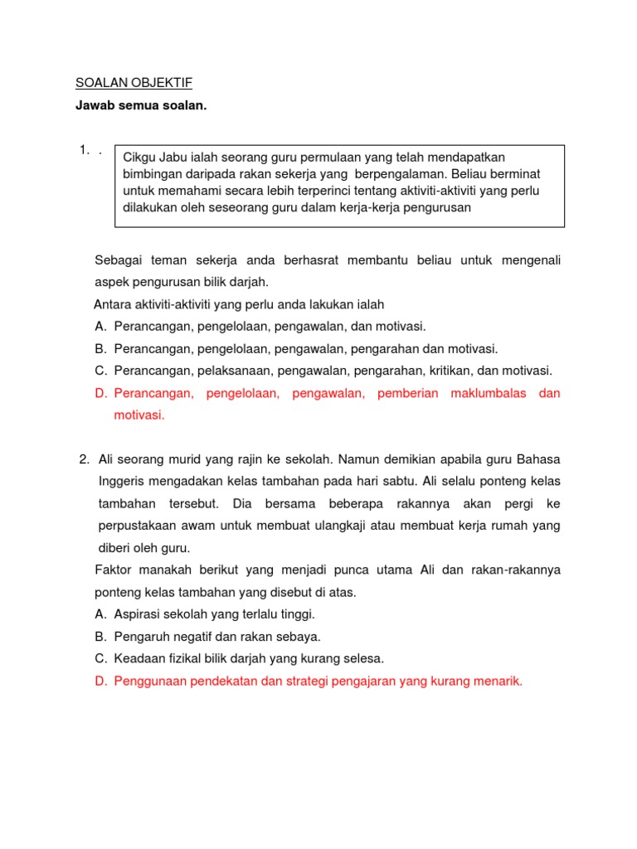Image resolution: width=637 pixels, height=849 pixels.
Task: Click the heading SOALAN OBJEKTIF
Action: [x=134, y=83]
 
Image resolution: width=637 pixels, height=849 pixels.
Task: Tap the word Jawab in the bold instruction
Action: [x=95, y=106]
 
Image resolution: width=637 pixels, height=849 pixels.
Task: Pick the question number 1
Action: [x=84, y=150]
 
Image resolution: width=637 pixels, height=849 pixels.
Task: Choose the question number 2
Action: [x=84, y=458]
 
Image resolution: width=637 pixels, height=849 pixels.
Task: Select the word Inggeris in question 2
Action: [x=123, y=481]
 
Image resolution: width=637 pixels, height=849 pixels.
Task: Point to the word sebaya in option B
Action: [x=299, y=637]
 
